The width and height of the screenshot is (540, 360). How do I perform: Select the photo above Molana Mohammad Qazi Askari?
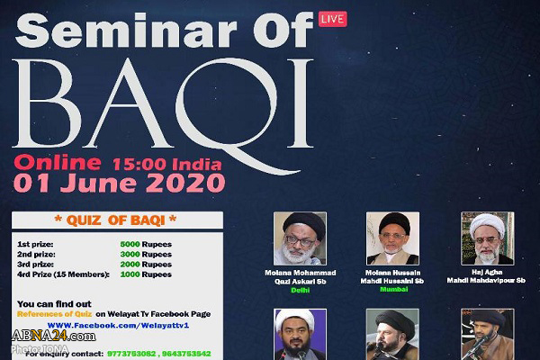[300, 238]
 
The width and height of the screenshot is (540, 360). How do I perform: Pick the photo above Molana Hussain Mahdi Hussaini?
[393, 238]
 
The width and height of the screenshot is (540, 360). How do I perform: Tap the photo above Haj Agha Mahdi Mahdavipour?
[487, 238]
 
